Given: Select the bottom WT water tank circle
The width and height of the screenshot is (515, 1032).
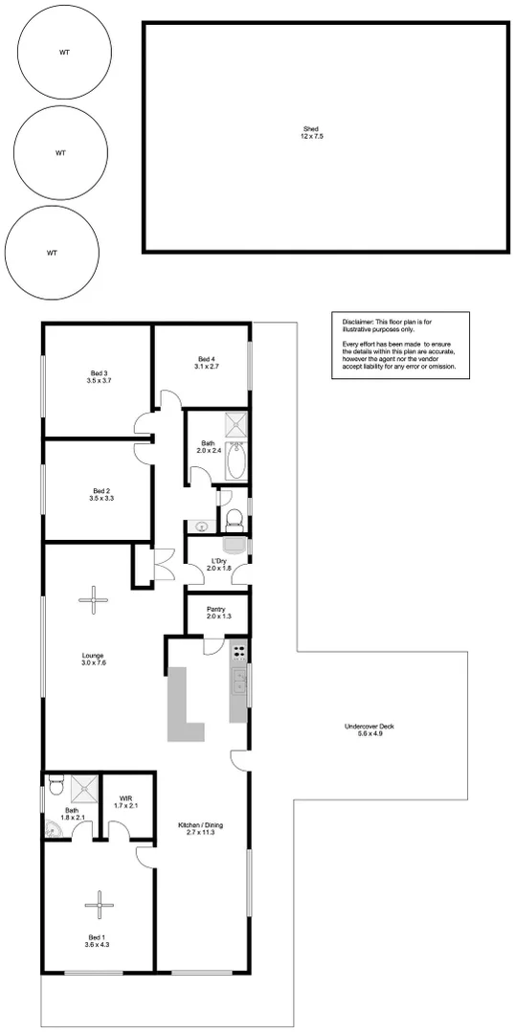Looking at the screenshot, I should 52,253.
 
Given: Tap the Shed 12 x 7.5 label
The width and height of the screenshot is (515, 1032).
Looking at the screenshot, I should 311,133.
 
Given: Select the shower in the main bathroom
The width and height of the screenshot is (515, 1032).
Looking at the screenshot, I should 236,425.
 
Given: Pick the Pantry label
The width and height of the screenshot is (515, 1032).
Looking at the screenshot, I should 215,613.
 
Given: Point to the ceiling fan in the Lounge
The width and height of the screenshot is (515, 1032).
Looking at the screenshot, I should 94,600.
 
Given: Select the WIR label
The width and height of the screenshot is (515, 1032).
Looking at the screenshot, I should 126,802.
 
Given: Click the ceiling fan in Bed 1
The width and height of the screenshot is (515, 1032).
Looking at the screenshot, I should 99,903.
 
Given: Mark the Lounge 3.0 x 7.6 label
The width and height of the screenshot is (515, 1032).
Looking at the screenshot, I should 93,659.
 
